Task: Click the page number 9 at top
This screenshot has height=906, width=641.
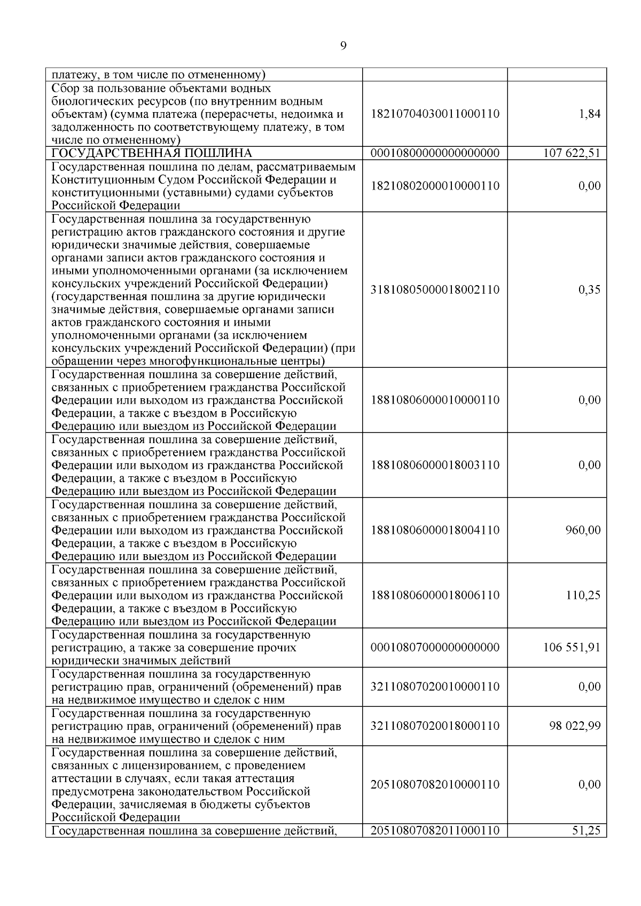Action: [342, 46]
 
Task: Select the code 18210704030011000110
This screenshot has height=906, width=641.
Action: [435, 114]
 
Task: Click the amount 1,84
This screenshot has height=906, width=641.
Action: [589, 114]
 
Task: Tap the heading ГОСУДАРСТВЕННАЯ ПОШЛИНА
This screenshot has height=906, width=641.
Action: [151, 154]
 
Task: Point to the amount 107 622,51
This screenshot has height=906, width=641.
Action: [572, 154]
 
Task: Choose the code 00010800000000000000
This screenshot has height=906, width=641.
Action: [435, 154]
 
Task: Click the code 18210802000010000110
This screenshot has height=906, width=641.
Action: [435, 186]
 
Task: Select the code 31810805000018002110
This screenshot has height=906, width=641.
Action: [435, 290]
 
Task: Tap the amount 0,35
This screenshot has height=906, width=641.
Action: [589, 290]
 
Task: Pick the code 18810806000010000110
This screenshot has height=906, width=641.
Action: [435, 400]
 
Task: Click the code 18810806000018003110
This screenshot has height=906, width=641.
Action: [435, 465]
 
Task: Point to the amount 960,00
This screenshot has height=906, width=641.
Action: [583, 530]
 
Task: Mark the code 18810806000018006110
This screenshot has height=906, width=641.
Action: [435, 595]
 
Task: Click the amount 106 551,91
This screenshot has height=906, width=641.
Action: [572, 648]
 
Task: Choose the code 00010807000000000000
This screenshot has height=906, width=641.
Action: [435, 648]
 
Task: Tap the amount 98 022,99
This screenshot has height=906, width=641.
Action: [575, 726]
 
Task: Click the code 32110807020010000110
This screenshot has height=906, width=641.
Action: [435, 687]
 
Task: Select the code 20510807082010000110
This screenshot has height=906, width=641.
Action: [435, 785]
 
